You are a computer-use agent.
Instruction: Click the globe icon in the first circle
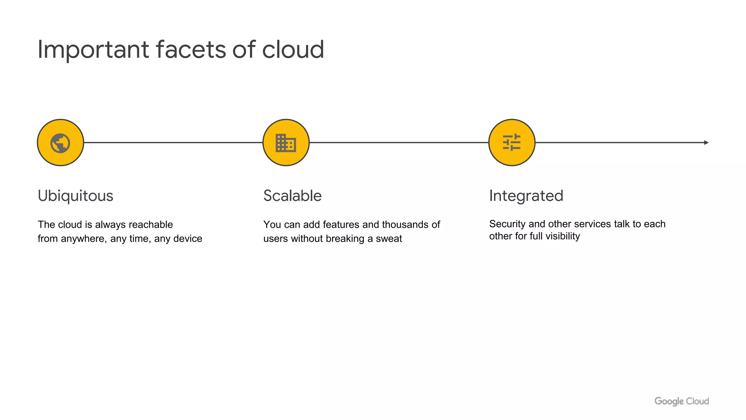(x=60, y=143)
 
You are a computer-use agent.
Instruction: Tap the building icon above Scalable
(x=286, y=143)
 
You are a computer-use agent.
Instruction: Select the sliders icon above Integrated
(x=512, y=143)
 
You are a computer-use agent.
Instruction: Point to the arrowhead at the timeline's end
(x=706, y=143)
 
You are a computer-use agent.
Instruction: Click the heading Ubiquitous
(x=75, y=196)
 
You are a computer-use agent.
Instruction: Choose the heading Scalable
(x=292, y=196)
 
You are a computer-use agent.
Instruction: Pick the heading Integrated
(x=526, y=196)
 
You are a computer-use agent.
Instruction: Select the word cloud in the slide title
(x=293, y=50)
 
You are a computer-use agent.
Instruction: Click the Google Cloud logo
(x=682, y=401)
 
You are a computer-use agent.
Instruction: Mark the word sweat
(x=389, y=239)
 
